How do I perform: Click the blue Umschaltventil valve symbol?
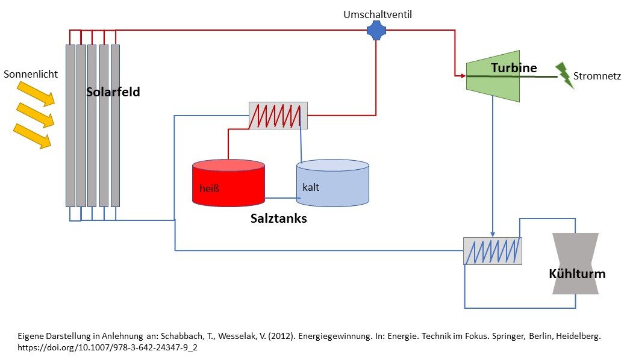[376, 29]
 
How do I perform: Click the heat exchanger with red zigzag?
[278, 115]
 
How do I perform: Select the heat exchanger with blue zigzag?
[493, 250]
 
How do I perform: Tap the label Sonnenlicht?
[31, 75]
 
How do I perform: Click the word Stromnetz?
[597, 76]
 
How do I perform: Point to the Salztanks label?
[278, 219]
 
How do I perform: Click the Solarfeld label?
[113, 92]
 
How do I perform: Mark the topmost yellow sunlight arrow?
[36, 93]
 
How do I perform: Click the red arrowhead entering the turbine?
[461, 76]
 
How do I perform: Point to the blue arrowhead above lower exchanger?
[493, 234]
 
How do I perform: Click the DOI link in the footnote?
[108, 347]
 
